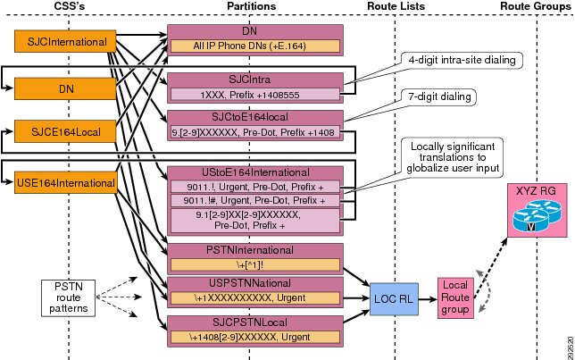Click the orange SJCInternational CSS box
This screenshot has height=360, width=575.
pyautogui.click(x=65, y=41)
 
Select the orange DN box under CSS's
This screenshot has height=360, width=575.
pyautogui.click(x=65, y=88)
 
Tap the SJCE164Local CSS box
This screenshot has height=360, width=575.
pyautogui.click(x=65, y=131)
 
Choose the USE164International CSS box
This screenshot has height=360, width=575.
pyautogui.click(x=66, y=182)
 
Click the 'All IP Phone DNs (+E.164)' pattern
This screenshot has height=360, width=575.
pyautogui.click(x=255, y=46)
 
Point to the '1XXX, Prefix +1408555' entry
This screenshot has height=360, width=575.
pyautogui.click(x=255, y=95)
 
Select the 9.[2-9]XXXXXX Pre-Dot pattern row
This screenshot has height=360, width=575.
pyautogui.click(x=255, y=132)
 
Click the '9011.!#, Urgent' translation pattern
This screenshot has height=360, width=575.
pyautogui.click(x=255, y=200)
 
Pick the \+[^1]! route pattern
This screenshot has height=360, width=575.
pyautogui.click(x=255, y=265)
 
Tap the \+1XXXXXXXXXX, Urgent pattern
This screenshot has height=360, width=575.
pyautogui.click(x=255, y=297)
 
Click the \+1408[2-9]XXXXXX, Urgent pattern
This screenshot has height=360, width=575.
pyautogui.click(x=255, y=337)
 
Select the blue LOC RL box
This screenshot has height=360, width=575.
pyautogui.click(x=394, y=299)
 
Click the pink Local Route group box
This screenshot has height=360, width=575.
pyautogui.click(x=455, y=297)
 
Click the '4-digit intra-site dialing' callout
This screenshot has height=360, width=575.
pyautogui.click(x=462, y=60)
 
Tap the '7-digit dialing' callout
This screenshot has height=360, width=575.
pyautogui.click(x=439, y=96)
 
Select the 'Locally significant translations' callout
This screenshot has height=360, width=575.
pyautogui.click(x=453, y=157)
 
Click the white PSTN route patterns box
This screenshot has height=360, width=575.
pyautogui.click(x=68, y=298)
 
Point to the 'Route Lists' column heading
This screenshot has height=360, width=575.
pyautogui.click(x=396, y=6)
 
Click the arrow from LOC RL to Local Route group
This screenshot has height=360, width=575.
pyautogui.click(x=428, y=299)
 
